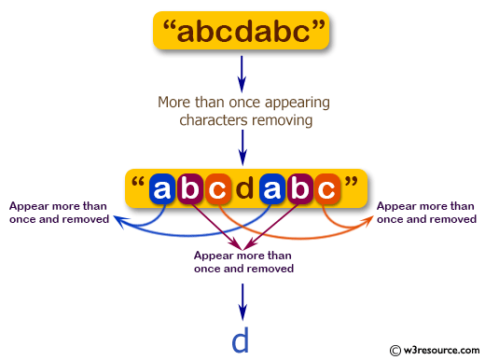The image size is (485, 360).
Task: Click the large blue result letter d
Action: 241,340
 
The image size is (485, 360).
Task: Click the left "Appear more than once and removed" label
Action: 59,212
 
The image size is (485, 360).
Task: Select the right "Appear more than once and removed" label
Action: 425,212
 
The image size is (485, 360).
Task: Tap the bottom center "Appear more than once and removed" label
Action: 243,261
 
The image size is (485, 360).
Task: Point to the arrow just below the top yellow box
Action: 242,71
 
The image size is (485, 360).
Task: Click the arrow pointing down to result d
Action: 242,298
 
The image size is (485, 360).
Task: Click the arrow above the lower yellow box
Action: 242,146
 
